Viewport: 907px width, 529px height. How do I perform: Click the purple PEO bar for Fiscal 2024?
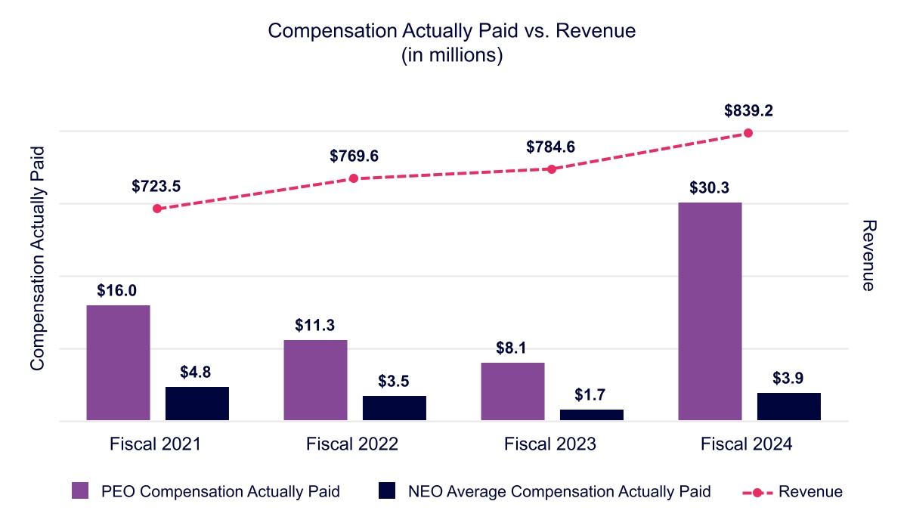coord(710,311)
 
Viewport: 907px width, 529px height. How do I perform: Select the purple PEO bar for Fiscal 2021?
coord(118,363)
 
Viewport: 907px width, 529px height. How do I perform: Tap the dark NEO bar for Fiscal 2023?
coord(591,415)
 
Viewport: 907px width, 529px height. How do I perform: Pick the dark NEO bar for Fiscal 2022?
coord(394,408)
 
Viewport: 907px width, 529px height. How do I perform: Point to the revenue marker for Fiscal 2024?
coord(748,133)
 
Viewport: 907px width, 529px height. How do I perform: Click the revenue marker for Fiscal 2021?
coord(157,209)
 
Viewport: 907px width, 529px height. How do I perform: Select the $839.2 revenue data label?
coord(748,111)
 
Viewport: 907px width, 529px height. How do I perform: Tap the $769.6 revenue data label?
coord(354,156)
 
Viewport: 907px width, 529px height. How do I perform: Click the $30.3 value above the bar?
coord(710,187)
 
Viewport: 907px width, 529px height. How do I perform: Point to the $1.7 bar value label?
coord(591,394)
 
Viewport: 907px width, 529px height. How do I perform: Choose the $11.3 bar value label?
coord(315,325)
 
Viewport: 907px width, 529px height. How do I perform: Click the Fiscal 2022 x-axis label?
coord(352,444)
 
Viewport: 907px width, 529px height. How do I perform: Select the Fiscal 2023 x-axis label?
coord(550,444)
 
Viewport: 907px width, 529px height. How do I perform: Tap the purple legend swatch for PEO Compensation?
coord(81,491)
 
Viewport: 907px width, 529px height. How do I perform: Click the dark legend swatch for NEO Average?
coord(387,491)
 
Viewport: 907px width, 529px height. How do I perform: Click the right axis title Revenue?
coord(868,255)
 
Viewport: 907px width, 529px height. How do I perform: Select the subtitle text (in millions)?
coord(453,56)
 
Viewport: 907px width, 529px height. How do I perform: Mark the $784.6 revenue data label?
coord(551,147)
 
